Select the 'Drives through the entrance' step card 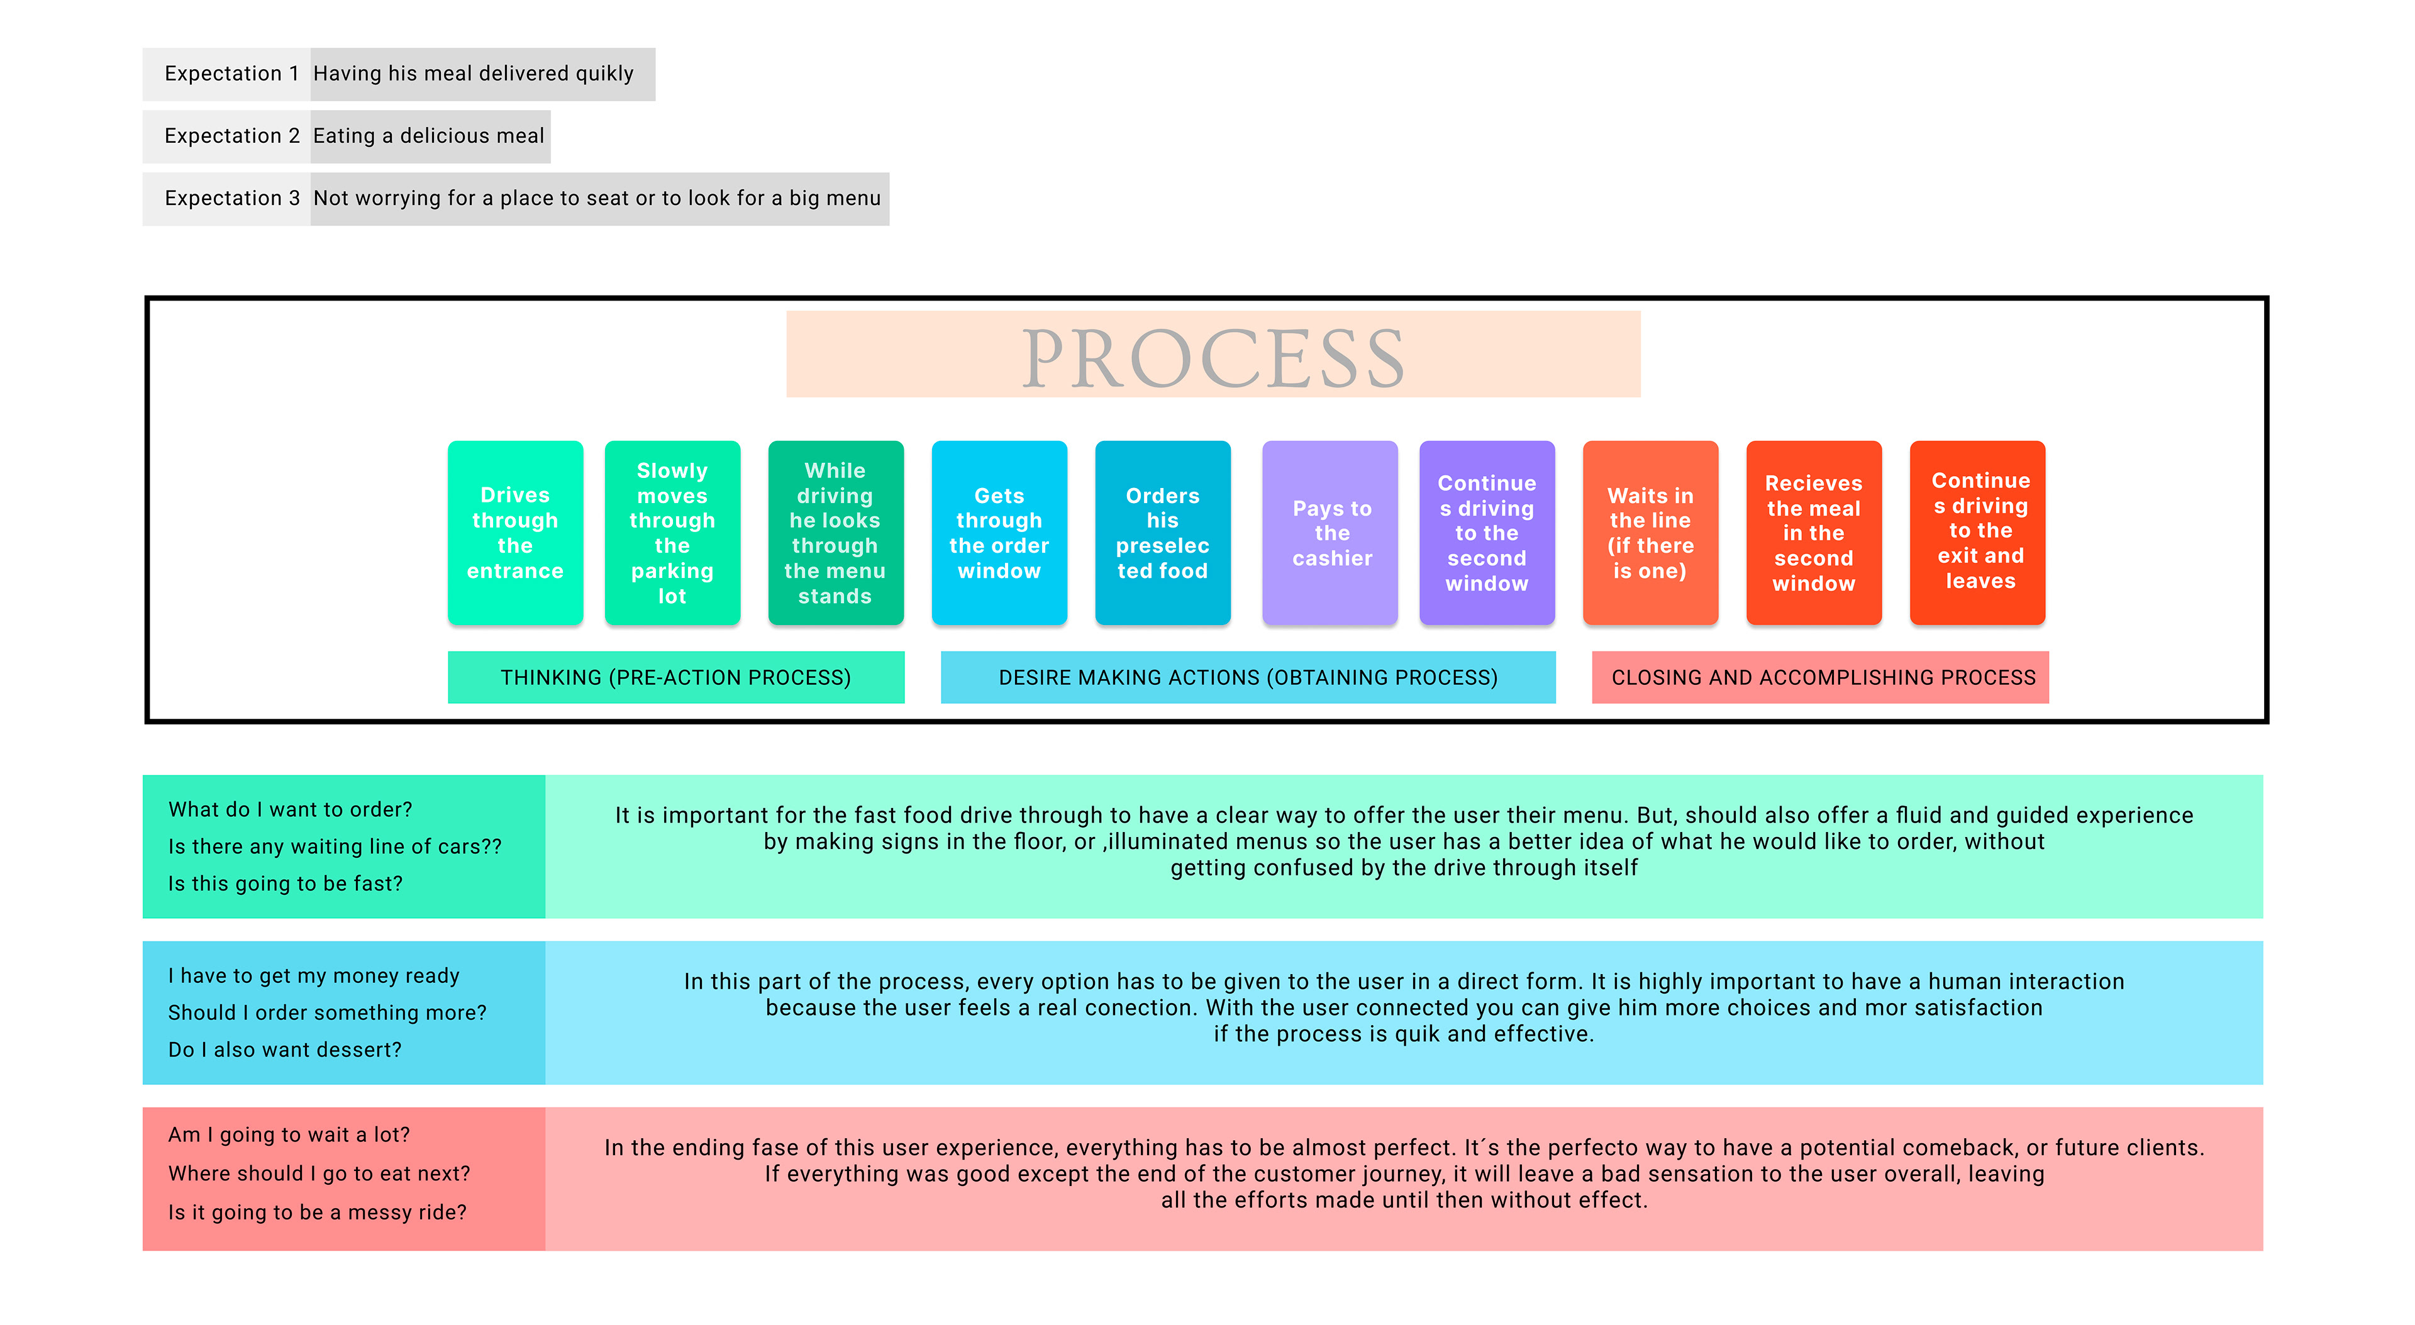(x=514, y=533)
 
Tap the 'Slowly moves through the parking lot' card (x=672, y=533)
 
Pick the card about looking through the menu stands (x=835, y=533)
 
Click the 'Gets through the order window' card (x=999, y=533)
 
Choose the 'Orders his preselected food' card (x=1162, y=533)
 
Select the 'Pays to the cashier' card (x=1330, y=533)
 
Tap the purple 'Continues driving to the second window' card (x=1487, y=533)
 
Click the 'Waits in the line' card (x=1650, y=533)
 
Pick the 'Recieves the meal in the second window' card (x=1813, y=533)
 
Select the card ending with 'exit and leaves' (x=1978, y=533)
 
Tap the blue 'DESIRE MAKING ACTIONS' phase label (x=1247, y=677)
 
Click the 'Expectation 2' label (x=231, y=136)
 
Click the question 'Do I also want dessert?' (x=285, y=1050)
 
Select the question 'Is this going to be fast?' (x=285, y=884)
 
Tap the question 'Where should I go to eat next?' (x=319, y=1173)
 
